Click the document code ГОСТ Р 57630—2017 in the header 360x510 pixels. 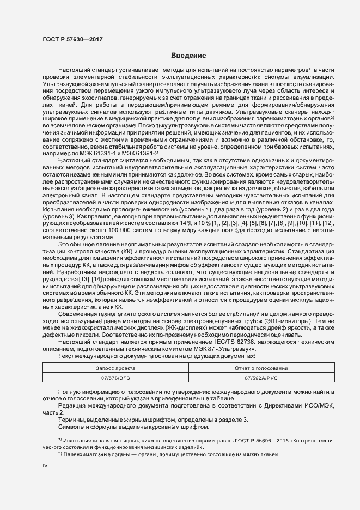(x=72, y=39)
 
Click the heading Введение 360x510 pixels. (x=188, y=56)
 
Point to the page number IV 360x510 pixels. (x=45, y=466)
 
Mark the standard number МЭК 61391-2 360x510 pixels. (x=130, y=154)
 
